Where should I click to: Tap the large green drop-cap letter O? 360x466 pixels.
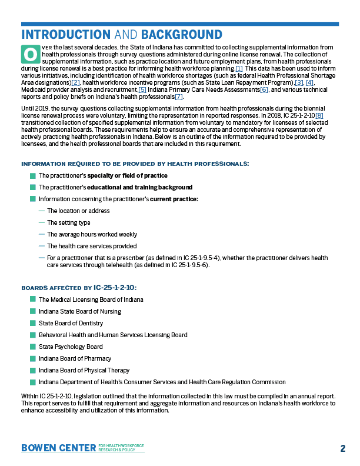pos(29,54)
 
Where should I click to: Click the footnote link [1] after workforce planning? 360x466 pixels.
pos(239,68)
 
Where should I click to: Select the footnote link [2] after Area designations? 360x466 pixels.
pos(75,82)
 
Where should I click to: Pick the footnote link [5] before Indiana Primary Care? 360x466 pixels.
pos(142,89)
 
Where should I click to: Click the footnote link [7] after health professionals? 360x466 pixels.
pos(179,96)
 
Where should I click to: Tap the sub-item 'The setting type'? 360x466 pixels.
pos(68,222)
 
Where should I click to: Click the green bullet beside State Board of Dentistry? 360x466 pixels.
pos(32,323)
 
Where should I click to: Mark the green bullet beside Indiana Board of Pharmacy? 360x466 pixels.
pos(32,358)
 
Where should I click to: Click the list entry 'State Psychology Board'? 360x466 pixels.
pos(71,347)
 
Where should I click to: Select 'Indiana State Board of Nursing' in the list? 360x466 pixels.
pos(80,311)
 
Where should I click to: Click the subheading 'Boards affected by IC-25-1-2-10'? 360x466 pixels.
pos(78,288)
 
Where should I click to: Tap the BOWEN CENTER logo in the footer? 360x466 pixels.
pos(58,448)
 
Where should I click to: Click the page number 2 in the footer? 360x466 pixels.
pos(342,448)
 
